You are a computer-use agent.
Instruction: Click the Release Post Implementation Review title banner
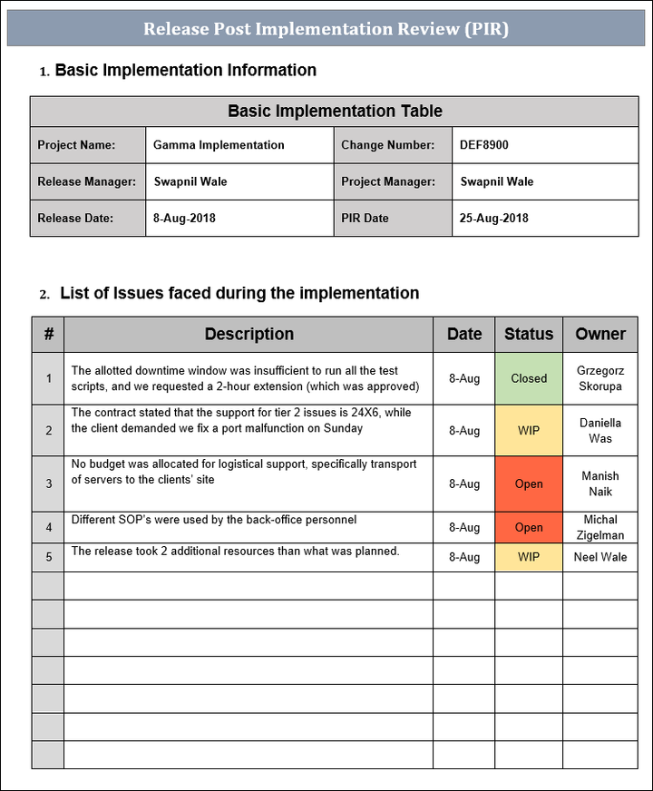pyautogui.click(x=326, y=29)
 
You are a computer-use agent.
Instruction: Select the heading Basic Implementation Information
pyautogui.click(x=185, y=70)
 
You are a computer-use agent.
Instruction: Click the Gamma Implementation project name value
pyautogui.click(x=219, y=145)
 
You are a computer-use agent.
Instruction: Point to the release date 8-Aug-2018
pyautogui.click(x=184, y=218)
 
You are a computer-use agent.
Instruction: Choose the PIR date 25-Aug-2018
pyautogui.click(x=493, y=218)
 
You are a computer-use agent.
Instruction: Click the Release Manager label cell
pyautogui.click(x=87, y=181)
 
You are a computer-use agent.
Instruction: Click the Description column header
pyautogui.click(x=249, y=334)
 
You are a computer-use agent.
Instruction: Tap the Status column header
pyautogui.click(x=529, y=334)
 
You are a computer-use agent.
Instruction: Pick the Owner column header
pyautogui.click(x=600, y=334)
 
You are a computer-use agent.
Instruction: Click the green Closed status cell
pyautogui.click(x=529, y=378)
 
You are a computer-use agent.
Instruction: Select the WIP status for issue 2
pyautogui.click(x=529, y=431)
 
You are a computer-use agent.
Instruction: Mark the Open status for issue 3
pyautogui.click(x=529, y=483)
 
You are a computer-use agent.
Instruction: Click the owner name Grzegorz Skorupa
pyautogui.click(x=600, y=378)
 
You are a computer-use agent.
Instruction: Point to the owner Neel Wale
pyautogui.click(x=600, y=557)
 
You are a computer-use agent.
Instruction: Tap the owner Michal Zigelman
pyautogui.click(x=600, y=527)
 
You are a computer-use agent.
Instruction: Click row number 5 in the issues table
pyautogui.click(x=49, y=557)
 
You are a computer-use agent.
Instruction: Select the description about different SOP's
pyautogui.click(x=214, y=520)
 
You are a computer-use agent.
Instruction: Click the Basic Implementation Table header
pyautogui.click(x=335, y=112)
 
